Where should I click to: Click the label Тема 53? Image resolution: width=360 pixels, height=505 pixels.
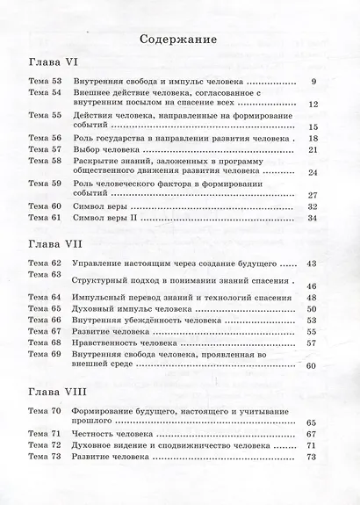pos(44,84)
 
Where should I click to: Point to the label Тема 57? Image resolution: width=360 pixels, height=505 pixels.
pos(44,149)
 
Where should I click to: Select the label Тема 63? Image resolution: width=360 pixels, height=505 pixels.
pos(44,275)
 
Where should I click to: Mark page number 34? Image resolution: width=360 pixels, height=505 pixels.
pos(312,218)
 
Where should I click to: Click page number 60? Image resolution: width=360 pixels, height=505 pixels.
pos(311,365)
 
